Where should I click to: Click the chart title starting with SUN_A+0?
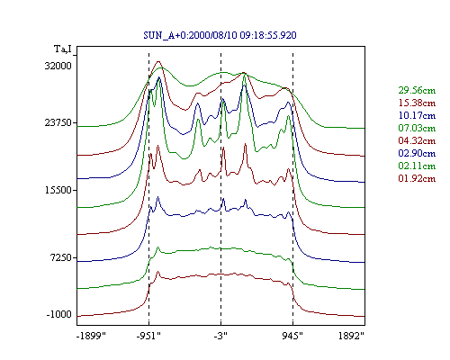pyautogui.click(x=220, y=35)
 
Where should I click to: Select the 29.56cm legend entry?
pyautogui.click(x=417, y=90)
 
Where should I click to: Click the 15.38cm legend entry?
pyautogui.click(x=417, y=103)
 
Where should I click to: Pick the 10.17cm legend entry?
pyautogui.click(x=417, y=115)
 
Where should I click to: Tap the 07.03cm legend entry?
pyautogui.click(x=417, y=128)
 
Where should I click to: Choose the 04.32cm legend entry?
pyautogui.click(x=417, y=140)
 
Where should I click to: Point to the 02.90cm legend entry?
pyautogui.click(x=417, y=153)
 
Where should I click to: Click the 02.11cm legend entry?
pyautogui.click(x=417, y=166)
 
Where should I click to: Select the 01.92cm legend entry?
pyautogui.click(x=417, y=178)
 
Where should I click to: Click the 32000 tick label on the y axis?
pyautogui.click(x=58, y=66)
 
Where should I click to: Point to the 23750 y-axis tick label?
pyautogui.click(x=58, y=122)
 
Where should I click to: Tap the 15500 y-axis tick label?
pyautogui.click(x=58, y=190)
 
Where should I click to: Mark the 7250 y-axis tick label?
pyautogui.click(x=60, y=257)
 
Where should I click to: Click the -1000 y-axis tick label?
pyautogui.click(x=59, y=315)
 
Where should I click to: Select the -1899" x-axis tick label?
pyautogui.click(x=92, y=336)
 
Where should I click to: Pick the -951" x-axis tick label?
pyautogui.click(x=148, y=336)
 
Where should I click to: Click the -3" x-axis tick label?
pyautogui.click(x=220, y=336)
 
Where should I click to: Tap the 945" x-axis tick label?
pyautogui.click(x=292, y=336)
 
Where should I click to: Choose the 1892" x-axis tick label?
pyautogui.click(x=351, y=336)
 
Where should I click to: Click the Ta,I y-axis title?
pyautogui.click(x=63, y=49)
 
